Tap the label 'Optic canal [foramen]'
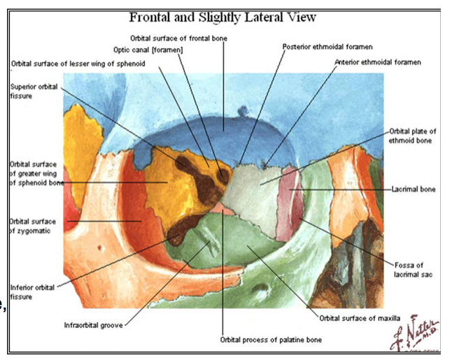pyautogui.click(x=144, y=50)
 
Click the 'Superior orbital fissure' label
pyautogui.click(x=34, y=92)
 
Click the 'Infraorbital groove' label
pyautogui.click(x=93, y=323)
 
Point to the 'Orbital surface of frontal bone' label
pyautogui.click(x=178, y=37)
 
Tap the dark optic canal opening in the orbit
pyautogui.click(x=223, y=173)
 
